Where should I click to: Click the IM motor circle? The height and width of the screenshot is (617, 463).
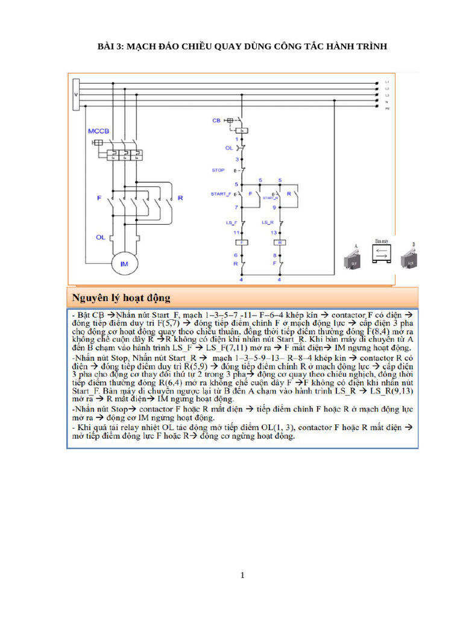pyautogui.click(x=125, y=263)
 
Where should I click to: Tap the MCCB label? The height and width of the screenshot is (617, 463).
pyautogui.click(x=98, y=131)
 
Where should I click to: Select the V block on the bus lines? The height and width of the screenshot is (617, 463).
pyautogui.click(x=75, y=95)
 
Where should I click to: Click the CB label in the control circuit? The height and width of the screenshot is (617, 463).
pyautogui.click(x=216, y=121)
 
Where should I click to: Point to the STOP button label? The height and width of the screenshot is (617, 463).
pyautogui.click(x=218, y=171)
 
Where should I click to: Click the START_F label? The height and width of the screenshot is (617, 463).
pyautogui.click(x=221, y=194)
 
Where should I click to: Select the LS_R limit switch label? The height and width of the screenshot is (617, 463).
pyautogui.click(x=268, y=222)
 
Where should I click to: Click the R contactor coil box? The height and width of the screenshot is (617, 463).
pyautogui.click(x=279, y=242)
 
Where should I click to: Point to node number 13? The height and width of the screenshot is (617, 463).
pyautogui.click(x=275, y=232)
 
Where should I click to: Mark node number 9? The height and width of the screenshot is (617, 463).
pyautogui.click(x=275, y=207)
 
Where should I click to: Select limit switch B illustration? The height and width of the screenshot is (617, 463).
pyautogui.click(x=411, y=257)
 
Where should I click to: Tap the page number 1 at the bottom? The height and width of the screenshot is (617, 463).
pyautogui.click(x=242, y=575)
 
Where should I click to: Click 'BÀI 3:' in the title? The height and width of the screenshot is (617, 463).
pyautogui.click(x=110, y=46)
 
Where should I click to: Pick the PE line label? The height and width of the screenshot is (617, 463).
pyautogui.click(x=387, y=110)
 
